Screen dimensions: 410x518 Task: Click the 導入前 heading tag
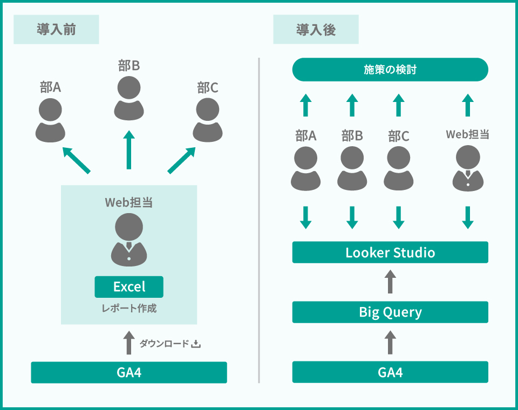pos(56,29)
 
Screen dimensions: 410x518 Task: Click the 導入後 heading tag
pos(316,29)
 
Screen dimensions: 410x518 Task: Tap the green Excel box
pos(129,286)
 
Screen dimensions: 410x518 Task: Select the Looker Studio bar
pos(390,252)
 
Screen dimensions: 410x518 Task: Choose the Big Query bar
pos(390,312)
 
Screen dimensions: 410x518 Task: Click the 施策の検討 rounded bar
pos(390,70)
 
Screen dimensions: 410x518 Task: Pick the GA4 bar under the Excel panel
pos(129,372)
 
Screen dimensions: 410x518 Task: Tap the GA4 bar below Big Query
pos(390,372)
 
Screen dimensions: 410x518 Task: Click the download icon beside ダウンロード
pos(196,343)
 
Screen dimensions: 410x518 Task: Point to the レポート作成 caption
pos(129,309)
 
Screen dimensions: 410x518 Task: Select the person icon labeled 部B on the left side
pos(129,98)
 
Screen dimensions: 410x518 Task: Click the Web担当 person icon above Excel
pos(129,240)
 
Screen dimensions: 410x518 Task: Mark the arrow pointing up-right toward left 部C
pos(181,160)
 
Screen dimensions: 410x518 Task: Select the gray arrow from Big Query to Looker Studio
pos(390,282)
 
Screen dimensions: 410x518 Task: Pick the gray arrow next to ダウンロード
pos(128,343)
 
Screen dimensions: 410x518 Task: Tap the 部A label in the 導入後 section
pos(306,136)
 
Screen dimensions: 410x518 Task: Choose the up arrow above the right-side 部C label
pos(399,105)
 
